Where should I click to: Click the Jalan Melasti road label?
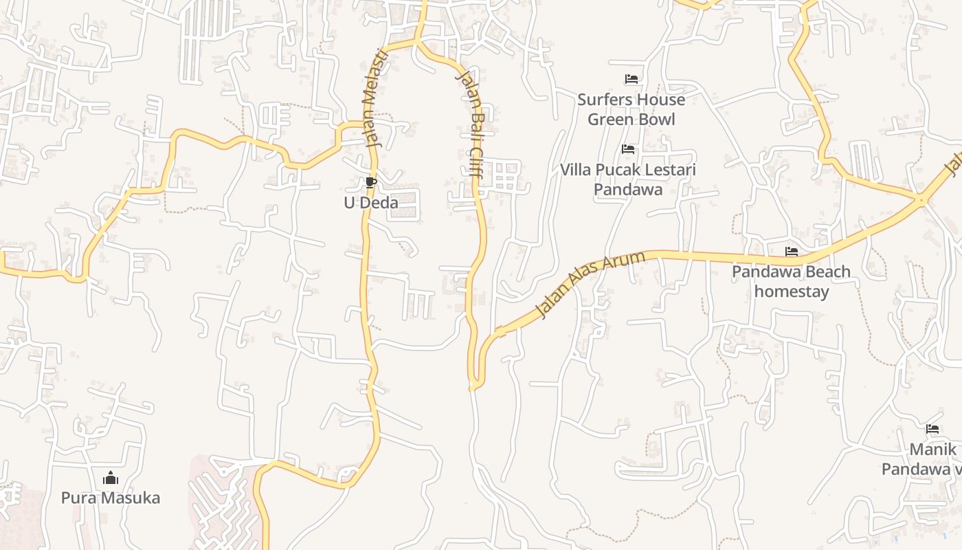point(374,98)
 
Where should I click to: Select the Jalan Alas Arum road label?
point(590,285)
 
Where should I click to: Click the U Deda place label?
point(371,203)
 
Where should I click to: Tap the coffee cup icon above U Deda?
point(371,183)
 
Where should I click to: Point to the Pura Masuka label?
point(111,498)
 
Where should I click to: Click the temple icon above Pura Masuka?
point(111,478)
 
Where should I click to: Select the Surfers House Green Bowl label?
point(631,109)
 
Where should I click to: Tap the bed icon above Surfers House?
point(631,79)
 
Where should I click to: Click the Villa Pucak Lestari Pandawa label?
point(628,179)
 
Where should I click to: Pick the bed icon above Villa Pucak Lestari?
point(627,149)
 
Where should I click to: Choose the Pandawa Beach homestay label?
point(791,281)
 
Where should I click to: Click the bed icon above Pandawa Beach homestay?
point(792,252)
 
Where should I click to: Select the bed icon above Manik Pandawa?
point(932,429)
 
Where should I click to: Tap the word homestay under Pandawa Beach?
point(792,291)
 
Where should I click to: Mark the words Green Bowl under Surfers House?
point(631,120)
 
